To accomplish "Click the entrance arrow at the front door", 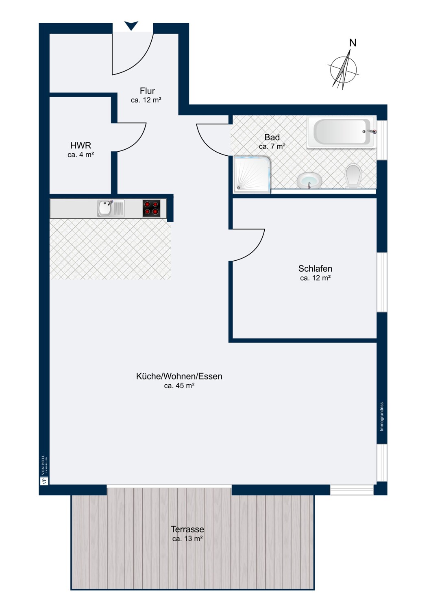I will coord(131,26).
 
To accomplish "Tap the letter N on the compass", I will coord(353,43).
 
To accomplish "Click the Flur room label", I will coord(147,91).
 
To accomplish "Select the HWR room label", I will coord(81,146).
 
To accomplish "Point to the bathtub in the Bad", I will coord(341,132).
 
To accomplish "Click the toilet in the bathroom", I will coord(353,176).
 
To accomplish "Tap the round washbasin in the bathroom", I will coord(309,180).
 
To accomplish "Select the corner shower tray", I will coord(252,174).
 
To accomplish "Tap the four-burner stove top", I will coord(151,208).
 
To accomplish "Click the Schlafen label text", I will coord(315,269).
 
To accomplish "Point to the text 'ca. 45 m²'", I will coord(179,386).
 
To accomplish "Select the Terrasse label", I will coord(187,529).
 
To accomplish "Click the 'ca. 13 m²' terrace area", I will coord(187,539).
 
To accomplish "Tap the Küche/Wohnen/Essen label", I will coord(179,377).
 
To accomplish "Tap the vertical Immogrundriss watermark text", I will coord(381,417).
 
